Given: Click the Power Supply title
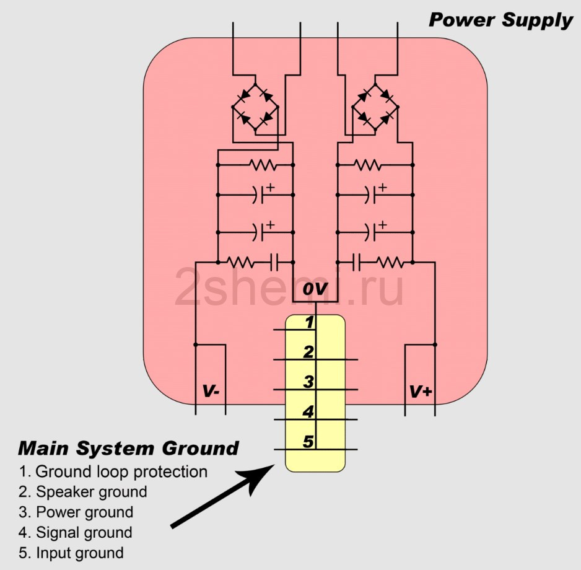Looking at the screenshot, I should coord(500,20).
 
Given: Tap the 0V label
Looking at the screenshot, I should coord(315,289).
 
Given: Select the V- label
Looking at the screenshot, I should coord(211,392).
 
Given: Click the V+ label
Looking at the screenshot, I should coord(421,392).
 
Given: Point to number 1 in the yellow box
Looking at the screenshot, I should coord(309,322).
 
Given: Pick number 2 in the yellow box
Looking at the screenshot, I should coord(308,352).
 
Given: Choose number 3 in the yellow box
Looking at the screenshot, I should coord(308,382).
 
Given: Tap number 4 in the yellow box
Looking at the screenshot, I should coord(308,411).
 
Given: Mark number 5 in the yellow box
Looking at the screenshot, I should coord(308,441).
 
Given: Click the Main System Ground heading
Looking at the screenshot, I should coord(128,448).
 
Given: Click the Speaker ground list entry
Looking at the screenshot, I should coord(92,492).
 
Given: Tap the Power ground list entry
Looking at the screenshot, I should coord(84,512).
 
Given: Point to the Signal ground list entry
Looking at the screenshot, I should coord(84,532).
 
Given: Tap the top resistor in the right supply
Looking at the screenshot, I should coord(368,165).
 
